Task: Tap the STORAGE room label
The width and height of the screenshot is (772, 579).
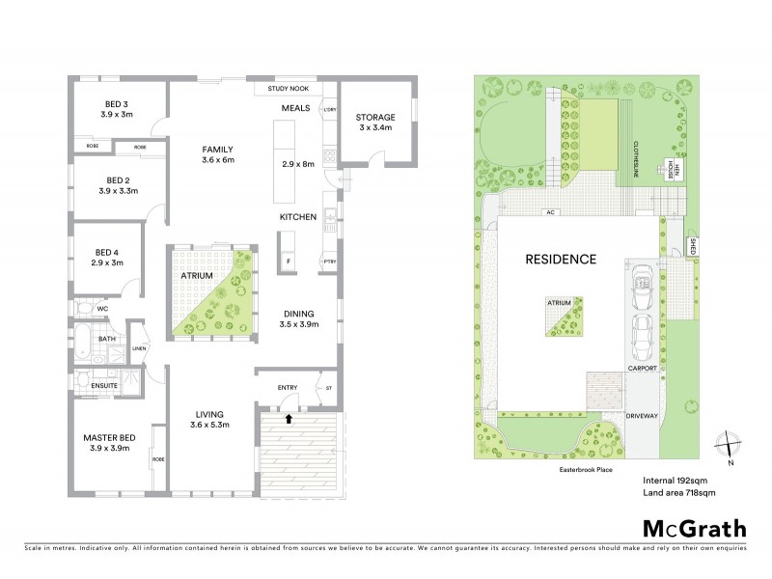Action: [x=373, y=117]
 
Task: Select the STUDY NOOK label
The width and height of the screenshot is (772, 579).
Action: [x=281, y=91]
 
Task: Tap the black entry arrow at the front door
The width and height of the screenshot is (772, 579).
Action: [x=289, y=419]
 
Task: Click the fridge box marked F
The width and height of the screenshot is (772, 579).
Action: [x=289, y=261]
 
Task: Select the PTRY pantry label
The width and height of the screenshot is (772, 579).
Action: [x=330, y=261]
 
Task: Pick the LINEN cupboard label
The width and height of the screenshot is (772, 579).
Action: [x=138, y=348]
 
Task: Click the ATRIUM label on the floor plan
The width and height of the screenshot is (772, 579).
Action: [x=197, y=275]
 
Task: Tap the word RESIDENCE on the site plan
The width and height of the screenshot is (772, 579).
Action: [x=561, y=259]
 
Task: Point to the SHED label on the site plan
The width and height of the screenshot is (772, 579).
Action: [x=692, y=245]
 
